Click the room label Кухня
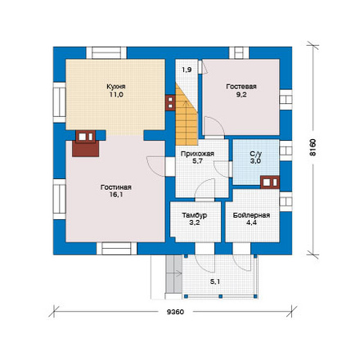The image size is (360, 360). tap(116, 87)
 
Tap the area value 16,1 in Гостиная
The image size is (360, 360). tap(116, 195)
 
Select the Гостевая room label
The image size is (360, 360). tap(241, 87)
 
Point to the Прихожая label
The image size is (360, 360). tap(197, 154)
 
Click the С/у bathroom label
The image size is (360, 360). tap(255, 154)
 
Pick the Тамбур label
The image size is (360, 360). tap(195, 215)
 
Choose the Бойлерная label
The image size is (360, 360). tap(251, 215)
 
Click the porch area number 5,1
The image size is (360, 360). tap(215, 282)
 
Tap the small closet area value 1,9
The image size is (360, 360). tap(187, 70)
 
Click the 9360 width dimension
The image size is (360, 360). tap(175, 312)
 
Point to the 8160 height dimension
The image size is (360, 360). tap(313, 147)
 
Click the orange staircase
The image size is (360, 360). tap(187, 115)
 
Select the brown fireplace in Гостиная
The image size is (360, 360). tap(86, 143)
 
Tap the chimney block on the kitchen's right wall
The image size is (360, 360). tap(170, 102)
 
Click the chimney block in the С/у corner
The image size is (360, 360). tap(270, 182)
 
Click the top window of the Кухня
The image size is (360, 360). tap(106, 53)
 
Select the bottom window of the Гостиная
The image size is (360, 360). tap(117, 249)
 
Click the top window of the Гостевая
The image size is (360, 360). tap(239, 53)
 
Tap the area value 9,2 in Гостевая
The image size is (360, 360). tap(241, 95)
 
